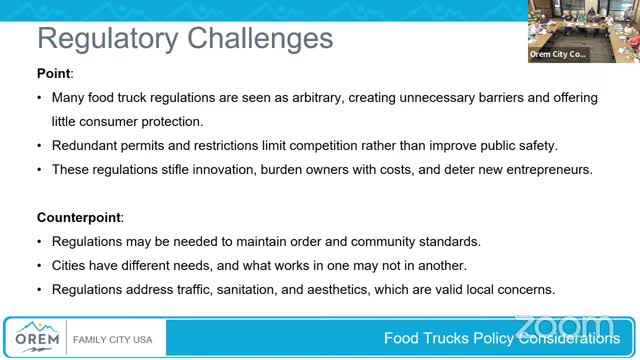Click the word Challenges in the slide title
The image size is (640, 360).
tap(257, 38)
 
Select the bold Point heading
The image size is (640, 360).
tap(54, 73)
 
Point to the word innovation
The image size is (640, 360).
tap(222, 169)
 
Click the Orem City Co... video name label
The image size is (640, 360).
tap(558, 55)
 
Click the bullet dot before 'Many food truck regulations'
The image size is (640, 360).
tap(39, 98)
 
